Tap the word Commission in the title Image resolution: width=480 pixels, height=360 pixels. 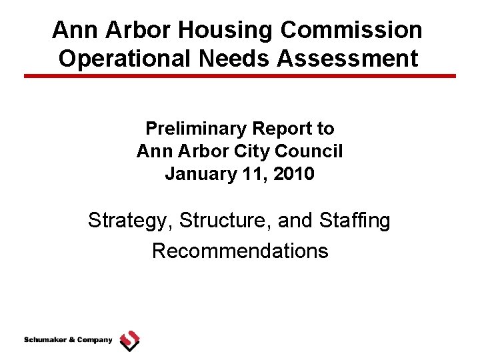[x=351, y=30]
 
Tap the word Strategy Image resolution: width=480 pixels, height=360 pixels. [x=126, y=220]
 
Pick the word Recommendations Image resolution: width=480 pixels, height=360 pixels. [x=240, y=251]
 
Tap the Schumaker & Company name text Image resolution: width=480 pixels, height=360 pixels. [x=68, y=340]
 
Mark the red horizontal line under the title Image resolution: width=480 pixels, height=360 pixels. [x=240, y=76]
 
